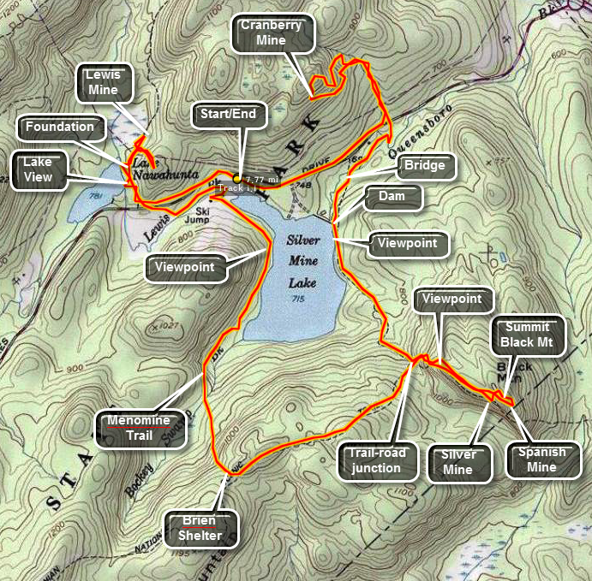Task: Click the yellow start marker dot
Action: pos(237,179)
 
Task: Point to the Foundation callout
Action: pos(59,127)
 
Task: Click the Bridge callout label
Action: pos(425,165)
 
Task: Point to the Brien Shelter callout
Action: pos(198,528)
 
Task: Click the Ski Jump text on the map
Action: pos(202,214)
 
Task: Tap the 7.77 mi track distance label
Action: pos(261,180)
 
